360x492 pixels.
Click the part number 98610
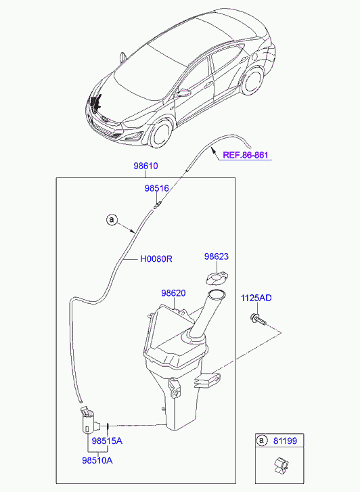tap(145, 166)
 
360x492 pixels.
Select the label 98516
tap(156, 188)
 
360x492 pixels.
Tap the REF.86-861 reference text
tap(246, 155)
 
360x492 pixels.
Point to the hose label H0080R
tap(156, 259)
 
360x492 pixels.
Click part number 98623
tap(217, 256)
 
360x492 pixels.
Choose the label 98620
tap(173, 293)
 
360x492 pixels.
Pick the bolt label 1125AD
tap(256, 298)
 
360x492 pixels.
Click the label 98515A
tap(107, 441)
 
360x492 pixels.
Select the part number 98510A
tap(97, 460)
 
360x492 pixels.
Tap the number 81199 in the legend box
tap(285, 441)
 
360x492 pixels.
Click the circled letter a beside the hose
tap(112, 220)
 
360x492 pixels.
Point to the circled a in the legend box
tap(261, 441)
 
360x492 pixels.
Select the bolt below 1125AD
tap(258, 319)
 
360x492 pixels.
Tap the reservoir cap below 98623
tap(217, 278)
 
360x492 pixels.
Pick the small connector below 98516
tap(158, 204)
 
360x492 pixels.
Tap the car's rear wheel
tap(252, 81)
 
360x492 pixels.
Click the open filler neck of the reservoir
tap(217, 294)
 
